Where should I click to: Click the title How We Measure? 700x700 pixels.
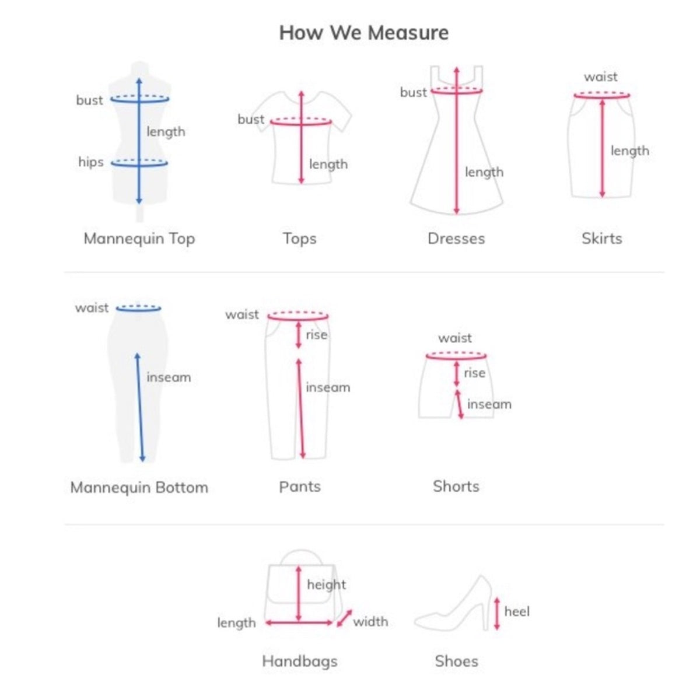[363, 33]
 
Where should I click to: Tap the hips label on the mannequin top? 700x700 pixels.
[91, 162]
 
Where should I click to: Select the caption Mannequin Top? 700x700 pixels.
[139, 239]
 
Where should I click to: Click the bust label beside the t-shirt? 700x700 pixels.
[251, 119]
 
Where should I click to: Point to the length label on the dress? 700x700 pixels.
[484, 172]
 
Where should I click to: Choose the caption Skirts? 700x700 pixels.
[602, 239]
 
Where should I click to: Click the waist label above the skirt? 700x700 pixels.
[600, 77]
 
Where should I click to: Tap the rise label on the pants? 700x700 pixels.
[316, 335]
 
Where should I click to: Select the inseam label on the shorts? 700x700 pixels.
[489, 404]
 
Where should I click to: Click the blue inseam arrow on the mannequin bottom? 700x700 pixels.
[140, 407]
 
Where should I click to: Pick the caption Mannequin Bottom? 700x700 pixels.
[139, 488]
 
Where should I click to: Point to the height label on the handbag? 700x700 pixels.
[327, 584]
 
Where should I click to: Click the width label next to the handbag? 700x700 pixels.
[370, 621]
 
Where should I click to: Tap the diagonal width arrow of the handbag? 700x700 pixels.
[344, 618]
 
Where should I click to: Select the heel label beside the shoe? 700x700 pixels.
[517, 611]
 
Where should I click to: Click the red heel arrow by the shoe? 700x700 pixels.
[497, 613]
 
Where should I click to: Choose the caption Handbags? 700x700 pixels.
[300, 661]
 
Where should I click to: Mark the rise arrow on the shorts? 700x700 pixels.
[457, 374]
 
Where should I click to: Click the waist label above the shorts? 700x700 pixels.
[455, 338]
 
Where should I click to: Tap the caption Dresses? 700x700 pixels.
[456, 239]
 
